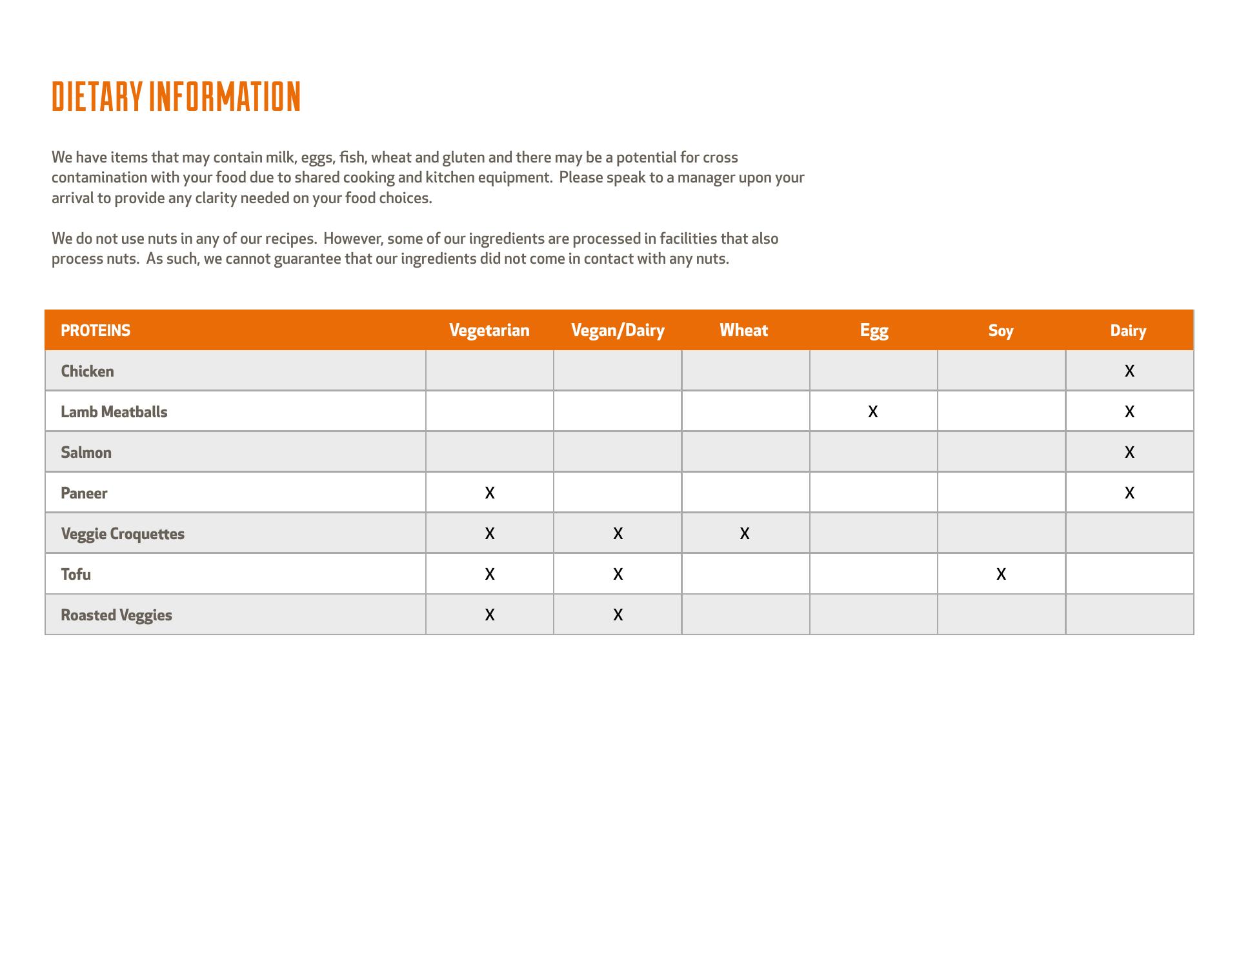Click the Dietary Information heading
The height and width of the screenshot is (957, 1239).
click(176, 97)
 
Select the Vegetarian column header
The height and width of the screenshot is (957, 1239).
click(489, 330)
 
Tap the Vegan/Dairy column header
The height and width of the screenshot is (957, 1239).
click(618, 330)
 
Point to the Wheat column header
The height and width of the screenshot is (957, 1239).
click(744, 330)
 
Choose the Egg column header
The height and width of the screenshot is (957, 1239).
click(874, 330)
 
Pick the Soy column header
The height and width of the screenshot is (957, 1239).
click(1001, 330)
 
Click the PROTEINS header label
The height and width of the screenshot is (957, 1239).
click(96, 330)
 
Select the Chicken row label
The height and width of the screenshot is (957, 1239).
click(87, 371)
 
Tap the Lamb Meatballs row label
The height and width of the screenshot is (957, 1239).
click(114, 411)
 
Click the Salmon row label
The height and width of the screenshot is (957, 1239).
click(86, 452)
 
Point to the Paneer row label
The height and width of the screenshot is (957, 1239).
click(84, 493)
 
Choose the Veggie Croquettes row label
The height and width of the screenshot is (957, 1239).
click(123, 533)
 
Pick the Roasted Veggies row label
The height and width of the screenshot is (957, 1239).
click(116, 615)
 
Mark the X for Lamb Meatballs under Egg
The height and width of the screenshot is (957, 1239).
click(873, 411)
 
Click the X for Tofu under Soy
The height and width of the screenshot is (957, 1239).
click(1001, 574)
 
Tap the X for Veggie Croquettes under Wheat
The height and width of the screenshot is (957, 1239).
click(745, 533)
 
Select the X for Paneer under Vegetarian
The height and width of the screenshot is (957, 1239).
click(490, 493)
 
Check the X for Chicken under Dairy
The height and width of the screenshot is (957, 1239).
click(1129, 371)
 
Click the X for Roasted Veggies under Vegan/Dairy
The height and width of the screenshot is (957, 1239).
click(618, 615)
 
